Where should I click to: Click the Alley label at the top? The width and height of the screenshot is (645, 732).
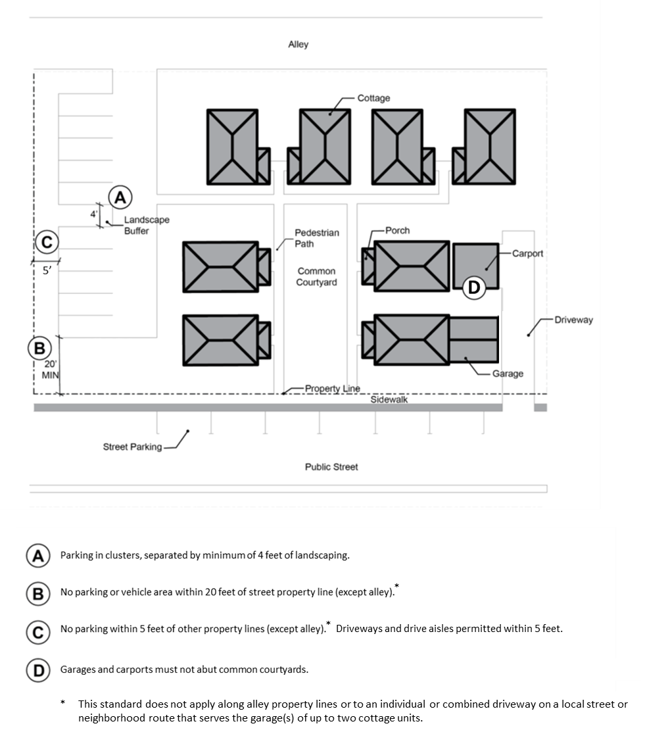pos(298,45)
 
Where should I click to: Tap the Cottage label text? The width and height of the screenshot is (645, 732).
pos(373,98)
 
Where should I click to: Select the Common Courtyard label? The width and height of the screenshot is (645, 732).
pos(317,277)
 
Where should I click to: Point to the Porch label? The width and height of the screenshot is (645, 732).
pos(397,230)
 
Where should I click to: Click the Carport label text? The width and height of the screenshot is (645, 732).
pos(527,253)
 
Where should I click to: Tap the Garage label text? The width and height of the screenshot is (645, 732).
pos(508,374)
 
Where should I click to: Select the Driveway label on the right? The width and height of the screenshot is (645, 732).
pos(573,320)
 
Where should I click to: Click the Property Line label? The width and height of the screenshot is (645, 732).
pos(332,388)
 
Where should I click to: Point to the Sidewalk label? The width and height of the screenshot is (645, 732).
pos(389,399)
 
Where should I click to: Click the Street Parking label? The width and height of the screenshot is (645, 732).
pos(132,447)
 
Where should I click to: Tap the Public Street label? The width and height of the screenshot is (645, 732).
pos(331,467)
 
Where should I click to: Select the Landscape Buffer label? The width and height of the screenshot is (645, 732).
pos(147,225)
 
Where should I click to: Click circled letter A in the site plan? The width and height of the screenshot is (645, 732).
pos(120,196)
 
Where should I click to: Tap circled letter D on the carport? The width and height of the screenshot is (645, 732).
pos(474,287)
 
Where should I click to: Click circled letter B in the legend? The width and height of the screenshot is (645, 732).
pos(38,593)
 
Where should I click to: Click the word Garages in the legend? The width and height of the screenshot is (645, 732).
pos(78,670)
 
